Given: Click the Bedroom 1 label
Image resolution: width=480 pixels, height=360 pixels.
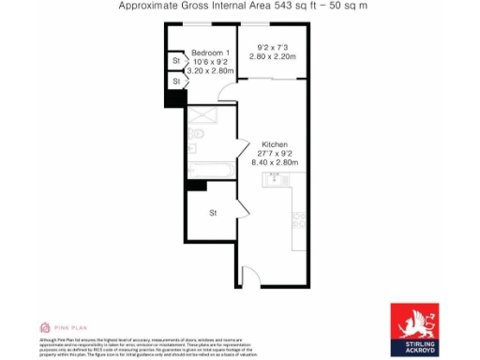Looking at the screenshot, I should pos(212,52).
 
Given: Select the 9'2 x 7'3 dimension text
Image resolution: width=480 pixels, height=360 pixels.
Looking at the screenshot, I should pos(271,47).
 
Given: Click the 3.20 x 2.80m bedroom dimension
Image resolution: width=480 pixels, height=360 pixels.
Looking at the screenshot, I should pos(210,70).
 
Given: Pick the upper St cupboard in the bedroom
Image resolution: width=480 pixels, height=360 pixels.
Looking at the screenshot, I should pos(175,62).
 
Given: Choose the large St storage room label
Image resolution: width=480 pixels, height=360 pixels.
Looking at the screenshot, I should pos(213,213).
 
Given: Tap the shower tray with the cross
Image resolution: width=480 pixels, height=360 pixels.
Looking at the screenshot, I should pos(201,116).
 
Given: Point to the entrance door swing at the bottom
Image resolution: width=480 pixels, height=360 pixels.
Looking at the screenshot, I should pos(250,276).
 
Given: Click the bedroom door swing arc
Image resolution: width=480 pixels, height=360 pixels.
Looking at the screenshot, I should pos(225,93).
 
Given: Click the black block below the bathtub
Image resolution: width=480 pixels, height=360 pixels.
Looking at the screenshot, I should pos(196,186).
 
